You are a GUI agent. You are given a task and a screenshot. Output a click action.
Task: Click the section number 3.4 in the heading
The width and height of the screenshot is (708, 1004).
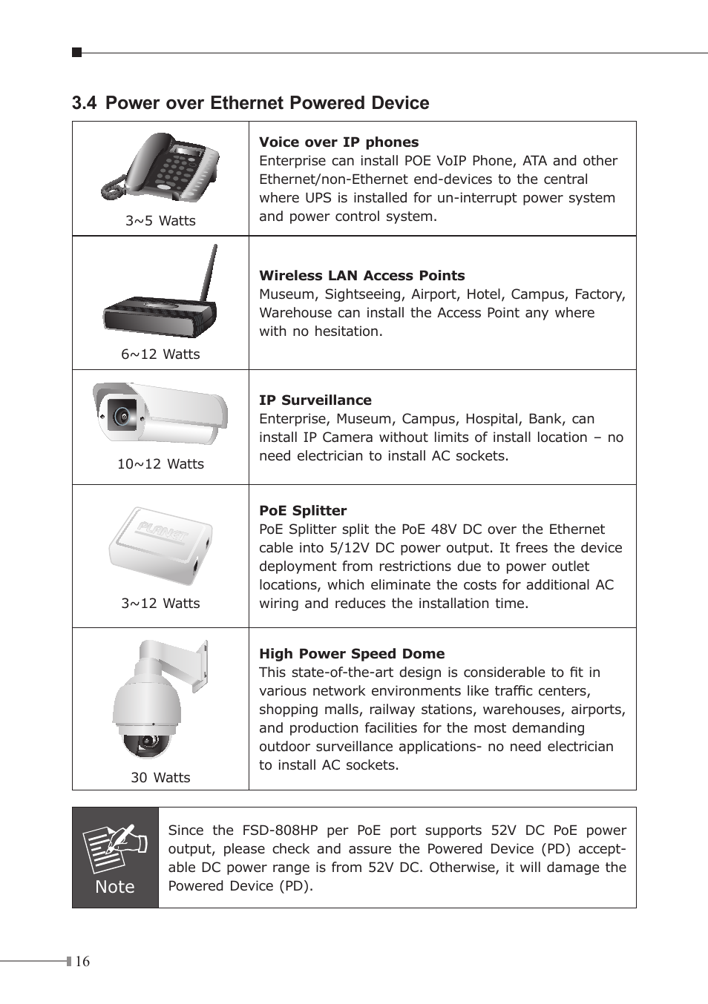tap(84, 103)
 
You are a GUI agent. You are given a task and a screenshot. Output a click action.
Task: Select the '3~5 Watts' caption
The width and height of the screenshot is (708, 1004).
tap(160, 220)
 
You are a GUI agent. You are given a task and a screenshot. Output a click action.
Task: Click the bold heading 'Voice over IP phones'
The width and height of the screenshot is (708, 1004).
tap(338, 142)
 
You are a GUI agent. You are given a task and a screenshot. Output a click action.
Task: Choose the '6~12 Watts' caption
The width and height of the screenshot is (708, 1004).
tap(160, 354)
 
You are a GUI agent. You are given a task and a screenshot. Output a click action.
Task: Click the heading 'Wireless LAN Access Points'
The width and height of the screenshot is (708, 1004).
tap(361, 275)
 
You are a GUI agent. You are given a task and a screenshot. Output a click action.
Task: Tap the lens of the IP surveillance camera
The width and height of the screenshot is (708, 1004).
tap(119, 415)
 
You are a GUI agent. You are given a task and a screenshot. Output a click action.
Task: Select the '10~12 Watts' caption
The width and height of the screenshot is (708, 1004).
tap(160, 463)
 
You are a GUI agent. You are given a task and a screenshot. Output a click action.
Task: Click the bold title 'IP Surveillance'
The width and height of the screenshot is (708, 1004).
tap(315, 400)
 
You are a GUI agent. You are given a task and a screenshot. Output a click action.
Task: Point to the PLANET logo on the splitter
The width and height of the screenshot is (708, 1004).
tap(163, 532)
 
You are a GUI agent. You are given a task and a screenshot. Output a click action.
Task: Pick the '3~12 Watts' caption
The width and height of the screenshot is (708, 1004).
tap(160, 603)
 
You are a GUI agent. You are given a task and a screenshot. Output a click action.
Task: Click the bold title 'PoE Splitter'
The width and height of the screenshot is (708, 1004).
tap(303, 510)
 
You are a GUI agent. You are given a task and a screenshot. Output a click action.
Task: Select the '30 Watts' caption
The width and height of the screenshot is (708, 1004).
tap(160, 777)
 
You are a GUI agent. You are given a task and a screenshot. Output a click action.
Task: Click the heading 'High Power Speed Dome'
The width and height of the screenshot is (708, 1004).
tap(352, 653)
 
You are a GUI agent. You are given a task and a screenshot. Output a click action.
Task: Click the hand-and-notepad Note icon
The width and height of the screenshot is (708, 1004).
tap(109, 848)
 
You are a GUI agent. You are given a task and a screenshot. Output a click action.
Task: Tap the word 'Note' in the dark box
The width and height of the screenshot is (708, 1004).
tap(115, 887)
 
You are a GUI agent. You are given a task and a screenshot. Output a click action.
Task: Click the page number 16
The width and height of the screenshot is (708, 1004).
tap(82, 962)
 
